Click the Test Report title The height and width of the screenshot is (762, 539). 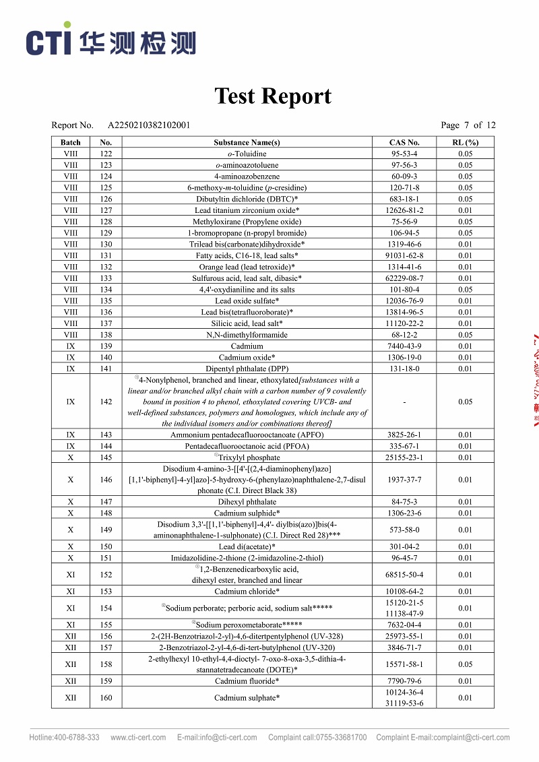273,96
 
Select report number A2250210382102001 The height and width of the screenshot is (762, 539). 149,125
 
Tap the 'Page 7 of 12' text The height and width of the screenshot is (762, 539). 468,125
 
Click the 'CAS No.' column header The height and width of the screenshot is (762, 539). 404,142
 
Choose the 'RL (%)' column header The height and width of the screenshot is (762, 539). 465,142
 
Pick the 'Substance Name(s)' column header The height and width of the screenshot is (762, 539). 247,142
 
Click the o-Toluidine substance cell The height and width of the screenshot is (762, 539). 247,154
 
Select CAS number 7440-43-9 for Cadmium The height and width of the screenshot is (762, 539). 404,346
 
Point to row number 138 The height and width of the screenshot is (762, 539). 106,335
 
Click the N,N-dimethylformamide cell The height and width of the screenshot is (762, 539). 247,335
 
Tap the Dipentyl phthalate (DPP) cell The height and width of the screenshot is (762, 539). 247,369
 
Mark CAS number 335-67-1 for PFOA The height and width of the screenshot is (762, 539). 404,446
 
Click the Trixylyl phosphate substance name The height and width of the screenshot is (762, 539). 249,457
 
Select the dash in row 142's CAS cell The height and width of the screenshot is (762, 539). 404,402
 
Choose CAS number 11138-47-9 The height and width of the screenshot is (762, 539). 404,614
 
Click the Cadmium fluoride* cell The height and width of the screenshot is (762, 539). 247,681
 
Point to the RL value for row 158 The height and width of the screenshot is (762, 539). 465,664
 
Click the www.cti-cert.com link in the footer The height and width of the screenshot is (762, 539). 138,737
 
